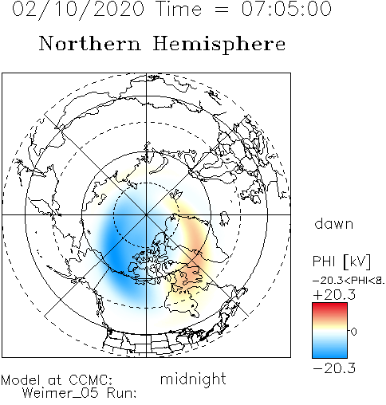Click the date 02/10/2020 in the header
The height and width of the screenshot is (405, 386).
click(x=78, y=9)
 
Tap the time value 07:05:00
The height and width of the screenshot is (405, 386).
click(x=286, y=9)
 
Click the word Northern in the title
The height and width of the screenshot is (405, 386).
click(x=90, y=43)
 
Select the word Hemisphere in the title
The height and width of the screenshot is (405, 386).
click(x=219, y=45)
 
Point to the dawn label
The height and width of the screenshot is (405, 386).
click(x=334, y=224)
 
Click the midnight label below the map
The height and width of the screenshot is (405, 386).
click(x=193, y=379)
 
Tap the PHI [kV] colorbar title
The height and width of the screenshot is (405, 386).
click(x=341, y=261)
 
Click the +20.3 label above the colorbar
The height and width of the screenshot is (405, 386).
click(x=334, y=295)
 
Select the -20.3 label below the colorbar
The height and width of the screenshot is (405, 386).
click(x=334, y=368)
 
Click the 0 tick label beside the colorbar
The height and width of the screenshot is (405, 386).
click(x=354, y=331)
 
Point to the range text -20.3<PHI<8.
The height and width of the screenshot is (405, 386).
click(x=349, y=281)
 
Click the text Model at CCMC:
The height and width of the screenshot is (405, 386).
click(x=57, y=380)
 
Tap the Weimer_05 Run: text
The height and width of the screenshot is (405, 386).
click(x=79, y=393)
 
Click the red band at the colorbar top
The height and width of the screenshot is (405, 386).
click(x=329, y=306)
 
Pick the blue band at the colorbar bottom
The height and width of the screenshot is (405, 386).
click(x=329, y=354)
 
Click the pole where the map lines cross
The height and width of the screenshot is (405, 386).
click(x=146, y=214)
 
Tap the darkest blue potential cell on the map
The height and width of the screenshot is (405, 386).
click(x=116, y=253)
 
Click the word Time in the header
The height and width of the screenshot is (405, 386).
click(x=179, y=9)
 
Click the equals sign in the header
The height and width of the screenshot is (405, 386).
click(x=222, y=10)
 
